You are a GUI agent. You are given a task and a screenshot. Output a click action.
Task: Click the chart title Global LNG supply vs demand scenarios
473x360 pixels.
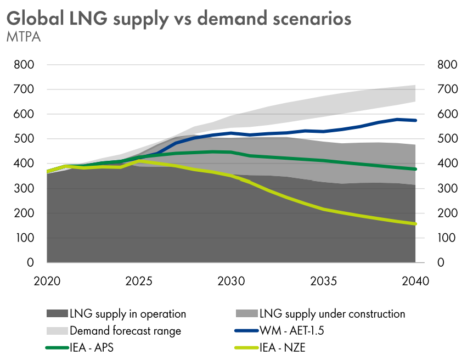179,18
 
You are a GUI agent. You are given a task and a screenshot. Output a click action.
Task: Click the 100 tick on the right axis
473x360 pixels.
448,238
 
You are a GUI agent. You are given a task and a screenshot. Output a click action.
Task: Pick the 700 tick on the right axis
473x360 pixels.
448,89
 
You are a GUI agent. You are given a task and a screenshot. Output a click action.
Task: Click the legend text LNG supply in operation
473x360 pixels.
128,314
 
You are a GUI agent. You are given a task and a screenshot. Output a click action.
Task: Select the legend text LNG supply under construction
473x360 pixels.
332,314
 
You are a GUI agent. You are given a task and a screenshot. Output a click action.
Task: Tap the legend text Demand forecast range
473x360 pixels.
125,331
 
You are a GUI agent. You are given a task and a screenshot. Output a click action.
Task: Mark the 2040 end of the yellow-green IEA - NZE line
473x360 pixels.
415,224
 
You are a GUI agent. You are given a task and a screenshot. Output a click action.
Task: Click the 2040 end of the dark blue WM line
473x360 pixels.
415,120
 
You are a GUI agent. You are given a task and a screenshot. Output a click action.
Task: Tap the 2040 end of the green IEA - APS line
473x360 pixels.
415,169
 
